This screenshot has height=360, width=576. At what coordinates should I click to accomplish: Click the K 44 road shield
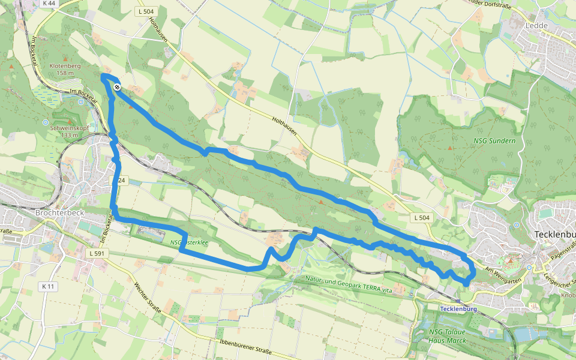(49, 4)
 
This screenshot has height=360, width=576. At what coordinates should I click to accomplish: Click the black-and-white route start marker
(118, 87)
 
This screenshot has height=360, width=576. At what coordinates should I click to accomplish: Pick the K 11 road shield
(49, 287)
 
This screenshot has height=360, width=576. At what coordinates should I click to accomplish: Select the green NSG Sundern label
(494, 140)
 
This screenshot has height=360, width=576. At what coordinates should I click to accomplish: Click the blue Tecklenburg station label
(458, 309)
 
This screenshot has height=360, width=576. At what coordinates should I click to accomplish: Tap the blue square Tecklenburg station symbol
(458, 301)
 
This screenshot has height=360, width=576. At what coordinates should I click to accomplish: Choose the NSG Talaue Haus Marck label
(447, 336)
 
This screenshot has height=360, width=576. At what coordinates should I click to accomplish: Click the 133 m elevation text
(70, 135)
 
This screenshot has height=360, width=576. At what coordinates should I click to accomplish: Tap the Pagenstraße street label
(560, 257)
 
